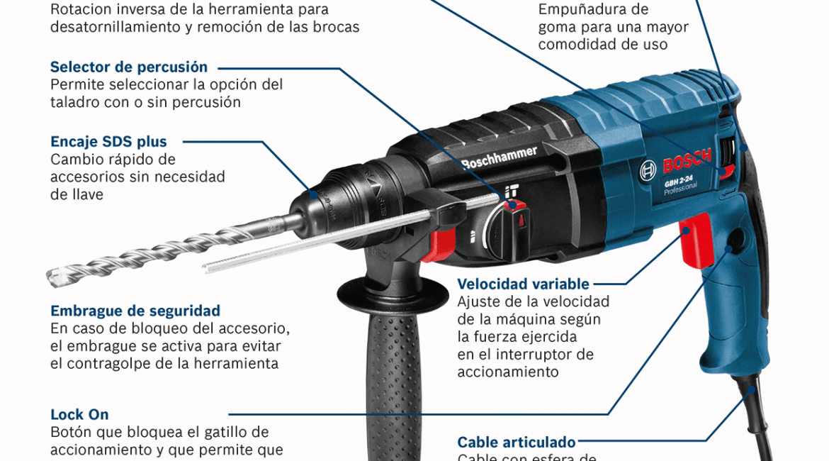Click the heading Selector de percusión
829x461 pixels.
coord(129,67)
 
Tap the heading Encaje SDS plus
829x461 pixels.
coord(108,142)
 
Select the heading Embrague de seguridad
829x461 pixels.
coord(135,311)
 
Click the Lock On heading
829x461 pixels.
coord(79,414)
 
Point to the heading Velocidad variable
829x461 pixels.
coord(523,284)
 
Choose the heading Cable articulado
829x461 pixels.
coord(516,442)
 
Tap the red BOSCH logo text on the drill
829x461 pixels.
coord(687,161)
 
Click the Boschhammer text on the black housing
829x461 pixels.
coord(499,157)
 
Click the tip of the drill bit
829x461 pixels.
coord(51,276)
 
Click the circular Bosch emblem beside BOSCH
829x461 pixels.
coord(648,170)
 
